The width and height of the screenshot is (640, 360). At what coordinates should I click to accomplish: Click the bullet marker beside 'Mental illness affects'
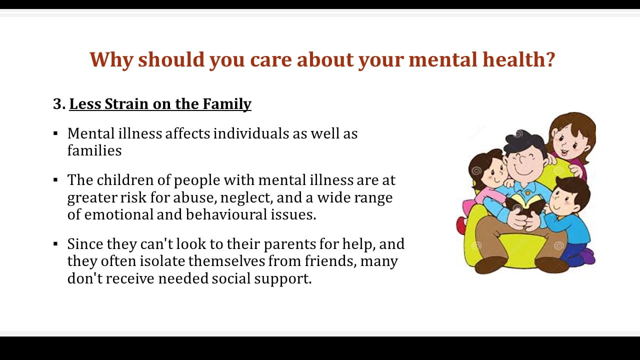point(55,133)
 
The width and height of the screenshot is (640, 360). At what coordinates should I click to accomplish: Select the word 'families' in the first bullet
point(94,150)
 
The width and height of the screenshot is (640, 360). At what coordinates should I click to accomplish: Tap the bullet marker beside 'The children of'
point(55,180)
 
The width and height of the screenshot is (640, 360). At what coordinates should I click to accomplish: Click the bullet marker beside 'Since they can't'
point(55,244)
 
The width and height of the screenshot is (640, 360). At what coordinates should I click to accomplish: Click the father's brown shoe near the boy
point(551,265)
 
